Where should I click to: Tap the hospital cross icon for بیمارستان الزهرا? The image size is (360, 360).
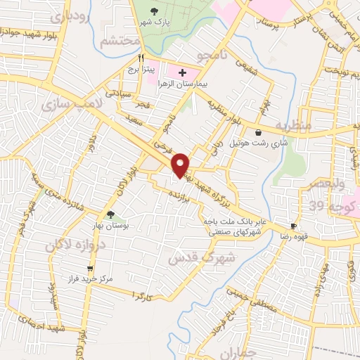point(182,72)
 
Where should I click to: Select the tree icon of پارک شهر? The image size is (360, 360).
point(155,11)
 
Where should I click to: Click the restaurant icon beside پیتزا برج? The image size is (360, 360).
point(141,58)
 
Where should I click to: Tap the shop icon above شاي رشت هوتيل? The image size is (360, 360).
point(259,132)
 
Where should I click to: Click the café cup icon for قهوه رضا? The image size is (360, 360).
point(293,226)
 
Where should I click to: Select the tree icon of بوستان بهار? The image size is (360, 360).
point(110,214)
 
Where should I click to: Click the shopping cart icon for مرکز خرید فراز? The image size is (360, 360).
point(90,268)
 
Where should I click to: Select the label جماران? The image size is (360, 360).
point(253,353)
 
